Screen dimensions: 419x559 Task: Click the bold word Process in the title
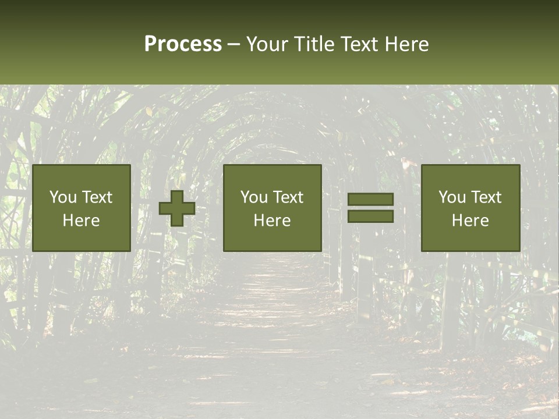pyautogui.click(x=183, y=44)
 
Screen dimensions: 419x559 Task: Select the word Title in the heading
pyautogui.click(x=314, y=44)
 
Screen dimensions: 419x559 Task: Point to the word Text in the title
pyautogui.click(x=360, y=44)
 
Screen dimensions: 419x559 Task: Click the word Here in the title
pyautogui.click(x=406, y=44)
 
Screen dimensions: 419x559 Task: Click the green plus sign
pyautogui.click(x=177, y=208)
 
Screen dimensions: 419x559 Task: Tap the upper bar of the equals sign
pyautogui.click(x=370, y=200)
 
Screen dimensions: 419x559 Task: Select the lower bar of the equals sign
pyautogui.click(x=370, y=216)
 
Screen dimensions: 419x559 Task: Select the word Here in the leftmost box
pyautogui.click(x=81, y=221)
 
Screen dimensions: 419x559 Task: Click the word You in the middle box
pyautogui.click(x=254, y=197)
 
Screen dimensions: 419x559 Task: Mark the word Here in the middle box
pyautogui.click(x=272, y=221)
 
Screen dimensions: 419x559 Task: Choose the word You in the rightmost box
pyautogui.click(x=452, y=197)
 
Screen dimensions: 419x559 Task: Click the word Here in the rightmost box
pyautogui.click(x=470, y=221)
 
